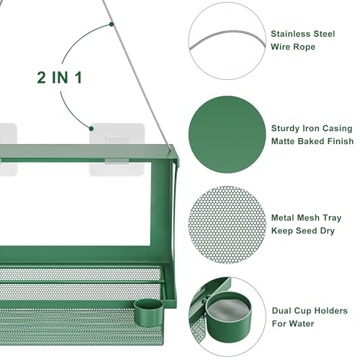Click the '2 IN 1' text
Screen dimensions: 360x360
(x=60, y=78)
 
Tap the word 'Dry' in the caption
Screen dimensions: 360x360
(x=328, y=231)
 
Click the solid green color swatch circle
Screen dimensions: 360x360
(x=228, y=135)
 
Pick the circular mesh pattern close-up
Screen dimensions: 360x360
(x=228, y=225)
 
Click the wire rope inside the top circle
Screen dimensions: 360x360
(x=228, y=39)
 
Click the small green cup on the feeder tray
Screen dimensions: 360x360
(x=148, y=312)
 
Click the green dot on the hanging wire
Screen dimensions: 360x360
(x=111, y=24)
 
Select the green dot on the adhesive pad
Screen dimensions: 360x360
(x=91, y=129)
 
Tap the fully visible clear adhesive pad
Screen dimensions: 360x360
(x=117, y=150)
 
